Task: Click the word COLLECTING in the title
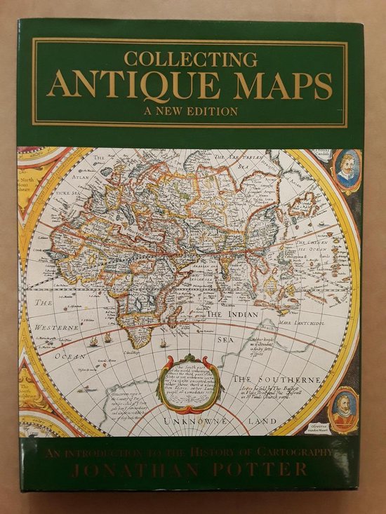click(x=189, y=59)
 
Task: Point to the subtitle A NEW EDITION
click(x=189, y=111)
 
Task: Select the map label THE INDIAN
click(x=242, y=316)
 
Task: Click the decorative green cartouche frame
click(x=191, y=383)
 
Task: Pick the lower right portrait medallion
click(x=345, y=410)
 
